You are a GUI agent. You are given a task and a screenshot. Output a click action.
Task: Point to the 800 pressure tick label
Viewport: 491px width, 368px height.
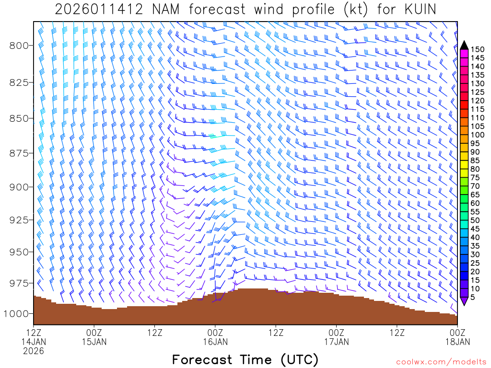click(20, 46)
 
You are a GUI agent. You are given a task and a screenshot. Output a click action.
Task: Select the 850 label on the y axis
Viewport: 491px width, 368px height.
click(20, 118)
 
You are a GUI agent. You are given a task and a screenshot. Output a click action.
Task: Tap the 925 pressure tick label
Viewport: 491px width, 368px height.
click(20, 220)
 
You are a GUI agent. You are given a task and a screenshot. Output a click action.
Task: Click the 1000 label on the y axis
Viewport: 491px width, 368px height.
click(17, 313)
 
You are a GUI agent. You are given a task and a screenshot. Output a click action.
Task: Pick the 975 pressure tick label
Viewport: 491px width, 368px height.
click(20, 283)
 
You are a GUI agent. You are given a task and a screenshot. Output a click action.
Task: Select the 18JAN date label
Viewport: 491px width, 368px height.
click(457, 342)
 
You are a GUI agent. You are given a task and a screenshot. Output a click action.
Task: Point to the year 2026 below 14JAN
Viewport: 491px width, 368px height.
click(34, 351)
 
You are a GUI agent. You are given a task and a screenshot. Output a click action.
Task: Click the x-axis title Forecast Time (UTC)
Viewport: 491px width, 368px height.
click(245, 359)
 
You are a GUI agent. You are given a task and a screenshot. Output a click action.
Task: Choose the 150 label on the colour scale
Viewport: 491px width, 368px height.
click(477, 49)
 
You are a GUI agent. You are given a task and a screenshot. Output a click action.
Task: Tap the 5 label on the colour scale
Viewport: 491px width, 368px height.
click(473, 297)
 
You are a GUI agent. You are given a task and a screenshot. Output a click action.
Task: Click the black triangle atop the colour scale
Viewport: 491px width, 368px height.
click(464, 46)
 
